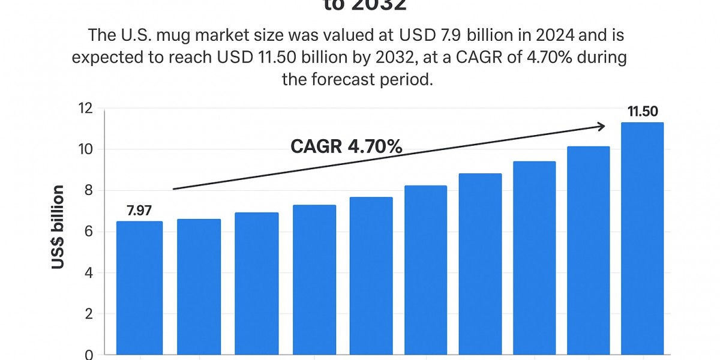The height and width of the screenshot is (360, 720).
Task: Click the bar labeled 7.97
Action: (x=139, y=288)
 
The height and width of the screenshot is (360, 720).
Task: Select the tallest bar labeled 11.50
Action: (x=642, y=240)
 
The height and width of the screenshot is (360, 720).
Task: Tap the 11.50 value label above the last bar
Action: (x=643, y=111)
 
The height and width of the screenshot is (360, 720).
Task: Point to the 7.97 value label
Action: (x=139, y=211)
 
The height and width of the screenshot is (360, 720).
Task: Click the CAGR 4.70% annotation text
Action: (x=346, y=146)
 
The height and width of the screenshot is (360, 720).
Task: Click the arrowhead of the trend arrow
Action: (x=601, y=126)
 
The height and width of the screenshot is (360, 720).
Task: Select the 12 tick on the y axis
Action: (x=86, y=109)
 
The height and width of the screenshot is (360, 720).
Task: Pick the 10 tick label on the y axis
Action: (x=86, y=149)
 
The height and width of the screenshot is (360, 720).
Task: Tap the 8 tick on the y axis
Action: (x=88, y=191)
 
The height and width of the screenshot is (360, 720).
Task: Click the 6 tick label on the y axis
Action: (x=88, y=232)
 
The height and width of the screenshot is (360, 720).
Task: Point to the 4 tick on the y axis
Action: (x=88, y=273)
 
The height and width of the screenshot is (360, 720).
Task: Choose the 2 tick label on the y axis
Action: (x=88, y=314)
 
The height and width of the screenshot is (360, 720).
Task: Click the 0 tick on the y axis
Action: (x=88, y=355)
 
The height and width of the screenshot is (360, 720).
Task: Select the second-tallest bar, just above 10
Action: (x=588, y=252)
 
